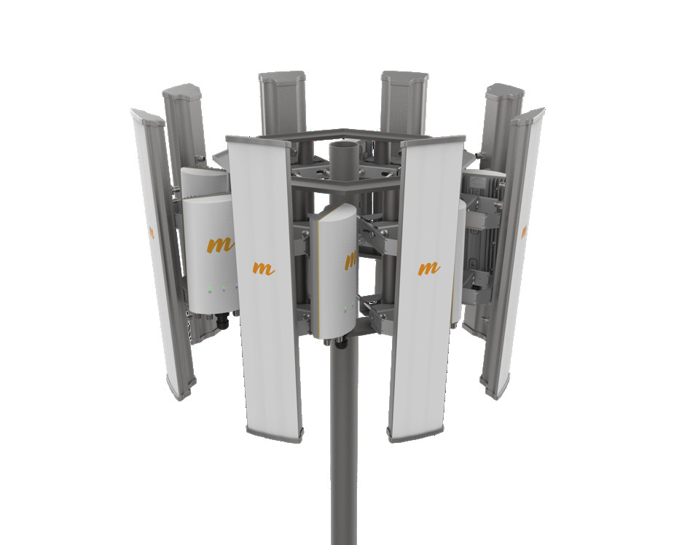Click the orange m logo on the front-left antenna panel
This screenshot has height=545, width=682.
tap(263, 268)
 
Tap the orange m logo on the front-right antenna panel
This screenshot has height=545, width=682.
tap(429, 268)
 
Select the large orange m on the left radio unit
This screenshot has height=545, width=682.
tap(220, 245)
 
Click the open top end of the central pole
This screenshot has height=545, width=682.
tap(344, 145)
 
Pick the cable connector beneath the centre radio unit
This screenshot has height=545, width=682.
tap(341, 344)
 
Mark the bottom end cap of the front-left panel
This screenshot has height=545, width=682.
tap(274, 435)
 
